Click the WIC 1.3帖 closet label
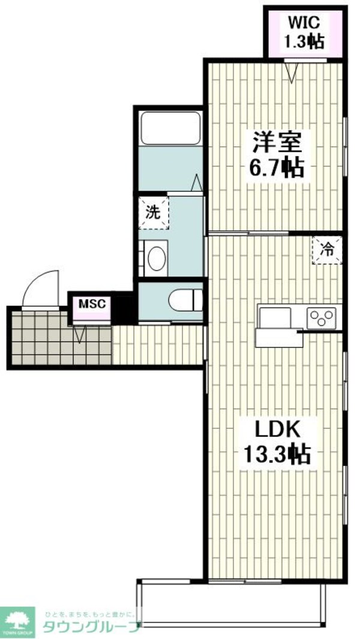pos(305,32)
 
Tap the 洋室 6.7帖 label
pos(277,154)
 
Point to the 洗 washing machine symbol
pos(154,212)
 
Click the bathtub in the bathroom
pos(170,128)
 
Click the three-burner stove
pos(323,317)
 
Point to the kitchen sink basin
pos(275,316)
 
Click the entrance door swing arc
pos(41,288)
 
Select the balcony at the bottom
pos(231,603)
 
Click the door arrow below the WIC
pos(292,73)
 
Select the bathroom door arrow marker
pos(197,182)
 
